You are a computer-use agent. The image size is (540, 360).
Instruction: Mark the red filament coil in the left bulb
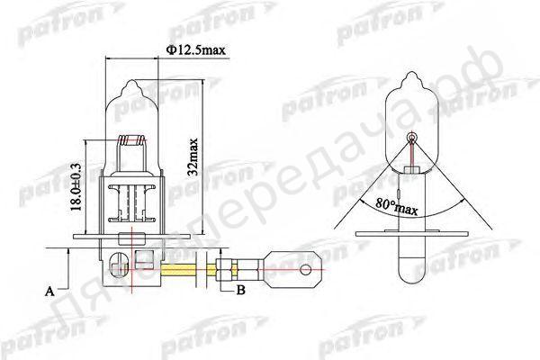click(136, 140)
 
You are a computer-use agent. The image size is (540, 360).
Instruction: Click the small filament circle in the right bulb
click(413, 137)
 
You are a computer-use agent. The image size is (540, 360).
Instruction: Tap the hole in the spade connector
click(308, 268)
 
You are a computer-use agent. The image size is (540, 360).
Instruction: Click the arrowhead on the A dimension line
click(68, 254)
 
